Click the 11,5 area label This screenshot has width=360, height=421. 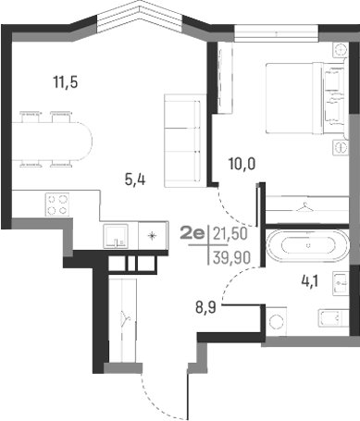pos(64,82)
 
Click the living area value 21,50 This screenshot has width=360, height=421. pos(231,235)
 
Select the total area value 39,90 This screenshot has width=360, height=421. pos(231,255)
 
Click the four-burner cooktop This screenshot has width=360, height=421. pos(56,204)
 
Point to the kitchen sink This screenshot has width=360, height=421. pos(115,235)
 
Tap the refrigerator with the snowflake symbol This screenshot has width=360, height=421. pos(150,236)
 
